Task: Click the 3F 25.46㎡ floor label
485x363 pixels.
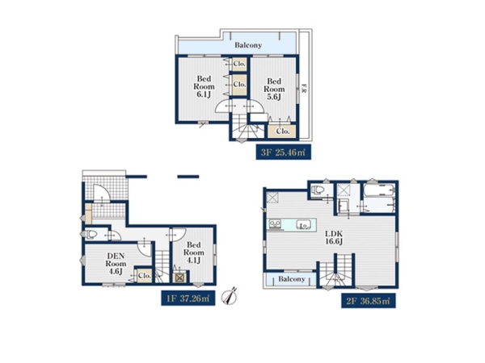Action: pyautogui.click(x=284, y=152)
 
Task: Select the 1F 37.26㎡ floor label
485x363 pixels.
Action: pyautogui.click(x=188, y=298)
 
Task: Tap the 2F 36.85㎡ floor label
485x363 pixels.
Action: pyautogui.click(x=369, y=301)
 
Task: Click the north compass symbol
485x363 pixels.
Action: pyautogui.click(x=230, y=297)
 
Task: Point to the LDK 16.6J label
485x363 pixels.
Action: pyautogui.click(x=334, y=237)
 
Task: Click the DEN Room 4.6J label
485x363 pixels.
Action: pyautogui.click(x=116, y=264)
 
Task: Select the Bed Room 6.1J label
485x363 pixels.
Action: pyautogui.click(x=204, y=87)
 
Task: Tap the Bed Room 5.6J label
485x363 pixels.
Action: pyautogui.click(x=274, y=90)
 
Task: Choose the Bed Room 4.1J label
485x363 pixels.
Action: pyautogui.click(x=194, y=252)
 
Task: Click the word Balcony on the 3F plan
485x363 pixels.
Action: pyautogui.click(x=248, y=45)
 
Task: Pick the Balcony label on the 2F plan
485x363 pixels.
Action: pyautogui.click(x=292, y=279)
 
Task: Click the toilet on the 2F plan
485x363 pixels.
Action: pyautogui.click(x=318, y=190)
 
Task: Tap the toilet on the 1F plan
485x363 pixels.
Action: pyautogui.click(x=91, y=234)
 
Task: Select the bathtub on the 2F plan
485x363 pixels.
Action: pyautogui.click(x=379, y=190)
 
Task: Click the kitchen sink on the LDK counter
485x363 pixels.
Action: pyautogui.click(x=303, y=224)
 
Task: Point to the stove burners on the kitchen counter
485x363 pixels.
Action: pyautogui.click(x=275, y=223)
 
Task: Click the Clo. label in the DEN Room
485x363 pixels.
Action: pyautogui.click(x=145, y=275)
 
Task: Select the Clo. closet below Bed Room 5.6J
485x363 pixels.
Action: pyautogui.click(x=283, y=131)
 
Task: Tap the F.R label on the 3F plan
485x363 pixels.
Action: pyautogui.click(x=305, y=89)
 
